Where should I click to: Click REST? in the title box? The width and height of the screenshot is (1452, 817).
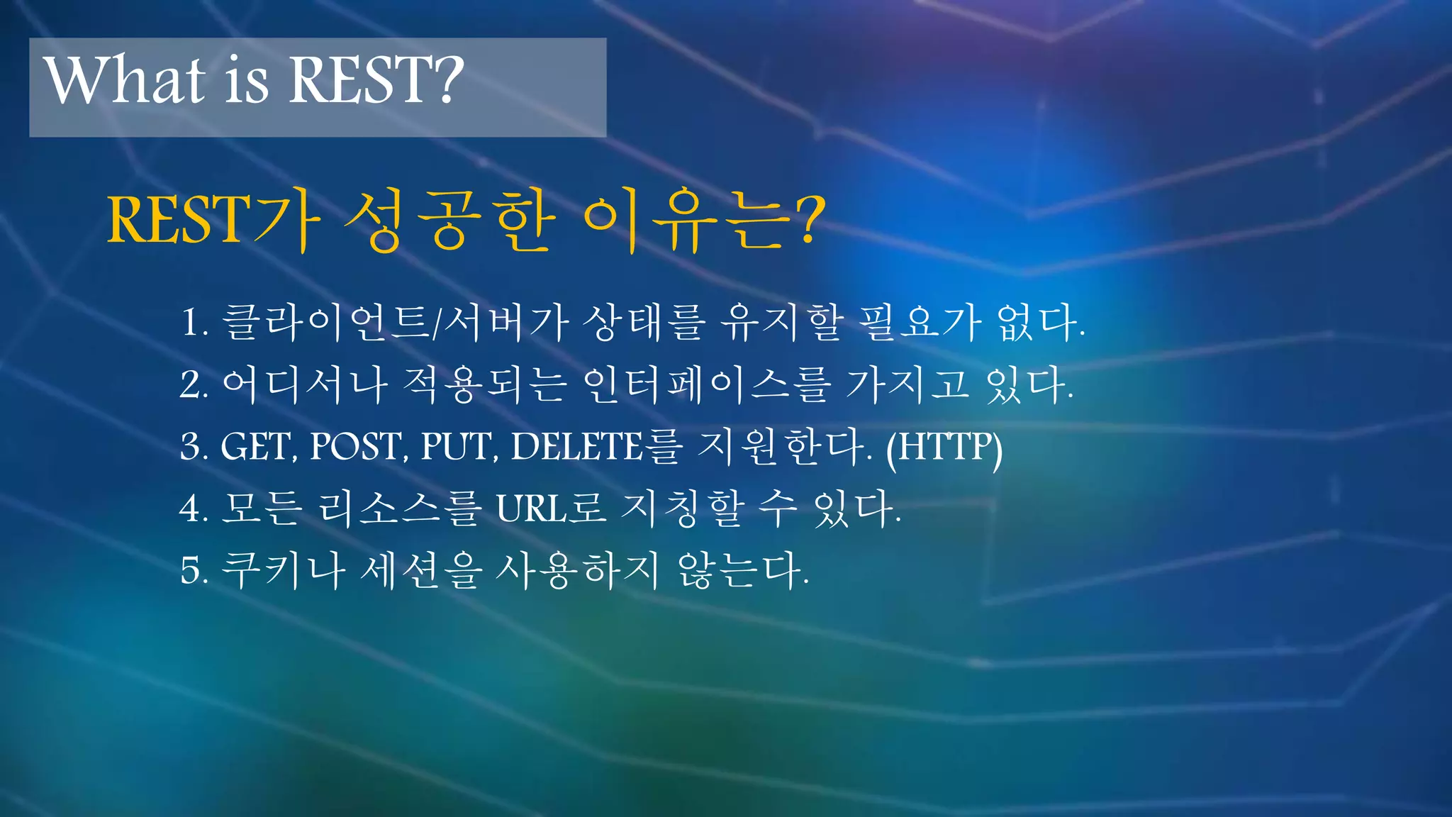(376, 79)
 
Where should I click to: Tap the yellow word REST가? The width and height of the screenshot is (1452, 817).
(213, 220)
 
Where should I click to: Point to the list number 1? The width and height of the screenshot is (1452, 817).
(193, 323)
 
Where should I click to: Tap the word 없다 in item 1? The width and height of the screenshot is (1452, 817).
(1039, 323)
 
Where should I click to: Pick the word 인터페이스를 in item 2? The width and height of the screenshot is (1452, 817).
(706, 385)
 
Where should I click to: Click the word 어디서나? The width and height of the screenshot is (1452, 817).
(304, 385)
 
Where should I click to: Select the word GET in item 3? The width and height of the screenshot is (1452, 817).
(255, 448)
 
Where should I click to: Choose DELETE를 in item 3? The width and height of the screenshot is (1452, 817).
(596, 448)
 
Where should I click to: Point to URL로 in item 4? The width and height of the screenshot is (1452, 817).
(549, 508)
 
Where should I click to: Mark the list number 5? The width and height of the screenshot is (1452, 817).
(193, 571)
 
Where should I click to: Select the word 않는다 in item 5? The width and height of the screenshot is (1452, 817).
(742, 570)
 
